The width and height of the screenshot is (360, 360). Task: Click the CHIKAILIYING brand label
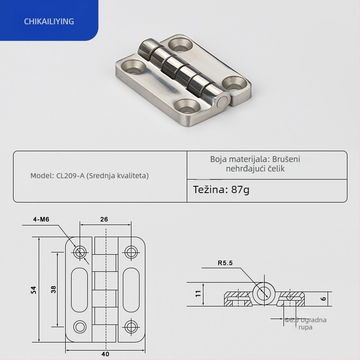49,21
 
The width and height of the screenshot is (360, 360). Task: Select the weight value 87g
240,189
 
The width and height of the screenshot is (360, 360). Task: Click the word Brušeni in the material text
286,159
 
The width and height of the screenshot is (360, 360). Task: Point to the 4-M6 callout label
41,220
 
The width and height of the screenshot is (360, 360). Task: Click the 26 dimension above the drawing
104,220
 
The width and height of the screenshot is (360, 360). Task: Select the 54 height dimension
34,290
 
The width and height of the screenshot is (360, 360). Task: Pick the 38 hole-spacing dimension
54,289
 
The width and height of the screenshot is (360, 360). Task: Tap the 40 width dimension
105,354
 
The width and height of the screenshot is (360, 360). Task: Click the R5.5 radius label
225,264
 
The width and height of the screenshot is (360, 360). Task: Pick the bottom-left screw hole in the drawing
80,326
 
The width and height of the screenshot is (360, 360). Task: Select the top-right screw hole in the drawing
131,252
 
